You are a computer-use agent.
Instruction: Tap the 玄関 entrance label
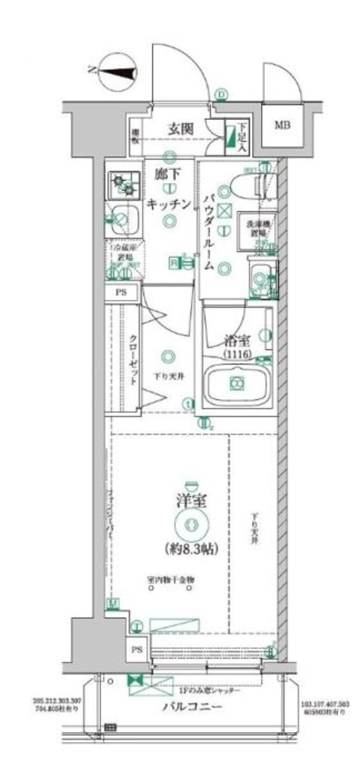(180, 129)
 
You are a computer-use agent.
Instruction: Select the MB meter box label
(281, 124)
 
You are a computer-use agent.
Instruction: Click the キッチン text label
(170, 202)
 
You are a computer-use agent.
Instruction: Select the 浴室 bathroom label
(236, 339)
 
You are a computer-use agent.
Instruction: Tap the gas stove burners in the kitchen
(121, 181)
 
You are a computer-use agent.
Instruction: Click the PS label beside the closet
(121, 293)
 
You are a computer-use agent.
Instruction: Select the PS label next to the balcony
(136, 649)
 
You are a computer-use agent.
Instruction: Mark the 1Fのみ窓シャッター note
(211, 690)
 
